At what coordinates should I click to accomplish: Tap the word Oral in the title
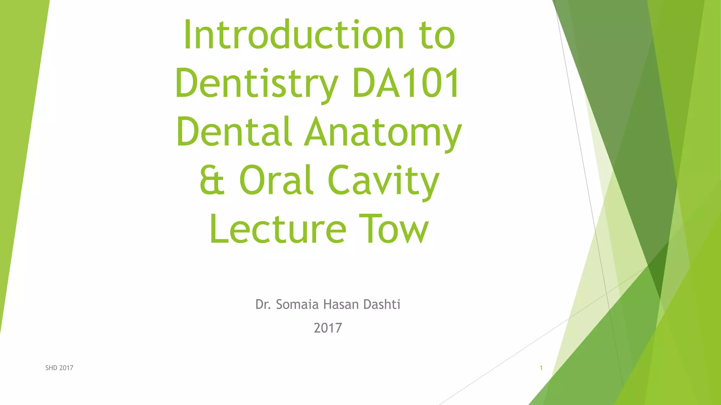point(276,180)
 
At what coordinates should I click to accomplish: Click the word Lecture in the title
point(278,229)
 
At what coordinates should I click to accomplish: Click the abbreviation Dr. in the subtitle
point(263,304)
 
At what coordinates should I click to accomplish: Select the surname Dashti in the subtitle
point(382,304)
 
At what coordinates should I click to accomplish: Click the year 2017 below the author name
point(328,328)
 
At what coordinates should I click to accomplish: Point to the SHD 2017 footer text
point(59,368)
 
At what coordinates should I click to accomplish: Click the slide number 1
point(541,368)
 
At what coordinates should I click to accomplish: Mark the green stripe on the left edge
point(18,141)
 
